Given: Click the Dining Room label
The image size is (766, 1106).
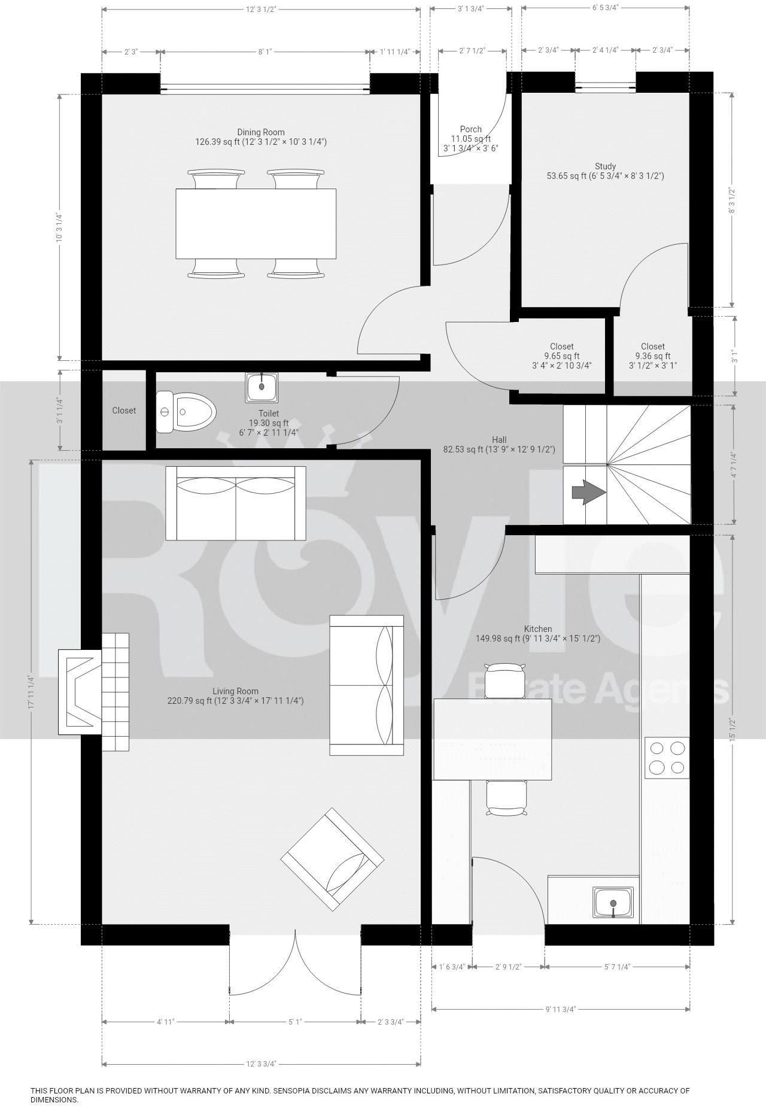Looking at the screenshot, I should [x=261, y=132].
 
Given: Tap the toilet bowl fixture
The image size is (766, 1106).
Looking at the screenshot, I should [x=186, y=412].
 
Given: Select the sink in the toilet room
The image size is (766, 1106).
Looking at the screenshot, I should [x=262, y=387].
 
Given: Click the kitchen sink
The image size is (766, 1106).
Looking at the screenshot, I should [x=613, y=903].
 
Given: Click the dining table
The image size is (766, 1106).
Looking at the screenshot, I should [x=256, y=224].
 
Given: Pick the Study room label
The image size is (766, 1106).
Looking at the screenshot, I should [x=605, y=166].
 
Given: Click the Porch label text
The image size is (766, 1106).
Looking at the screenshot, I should [x=471, y=129].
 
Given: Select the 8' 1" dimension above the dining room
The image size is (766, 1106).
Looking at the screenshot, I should [x=265, y=52].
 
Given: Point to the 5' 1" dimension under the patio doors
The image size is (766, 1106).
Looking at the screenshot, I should [x=294, y=1022].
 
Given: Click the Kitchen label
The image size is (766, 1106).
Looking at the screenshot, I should [x=538, y=629].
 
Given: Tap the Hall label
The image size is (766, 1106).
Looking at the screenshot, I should [x=499, y=440].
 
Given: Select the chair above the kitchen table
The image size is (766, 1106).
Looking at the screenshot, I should [x=506, y=680].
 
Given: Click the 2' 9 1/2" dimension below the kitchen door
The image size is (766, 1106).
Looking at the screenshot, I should [x=509, y=967].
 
